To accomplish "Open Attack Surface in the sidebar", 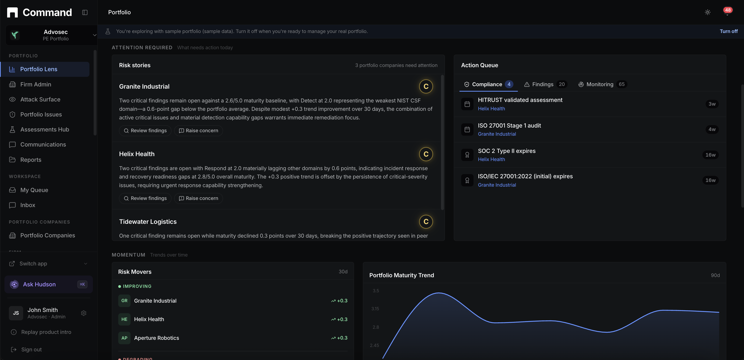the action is tap(40, 99).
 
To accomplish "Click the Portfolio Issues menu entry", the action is tap(41, 114).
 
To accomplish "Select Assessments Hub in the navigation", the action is tap(45, 129).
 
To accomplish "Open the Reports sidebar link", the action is tap(31, 160).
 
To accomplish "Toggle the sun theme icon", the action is tap(708, 12).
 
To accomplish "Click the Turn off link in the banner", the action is tap(728, 31).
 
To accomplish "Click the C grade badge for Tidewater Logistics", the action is tap(426, 222).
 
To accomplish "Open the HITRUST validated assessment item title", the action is tap(520, 100).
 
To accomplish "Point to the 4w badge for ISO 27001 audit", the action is tap(712, 129).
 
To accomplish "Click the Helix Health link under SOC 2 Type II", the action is tap(491, 159).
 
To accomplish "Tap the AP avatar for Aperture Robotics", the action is tap(124, 338).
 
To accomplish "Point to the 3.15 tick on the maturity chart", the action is tap(375, 309).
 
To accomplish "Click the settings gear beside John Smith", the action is tap(84, 313).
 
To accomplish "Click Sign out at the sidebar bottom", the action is tap(31, 350).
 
